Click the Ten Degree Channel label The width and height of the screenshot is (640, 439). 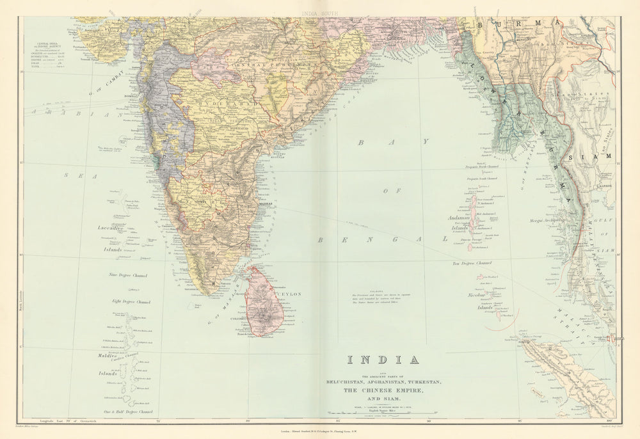point(472,263)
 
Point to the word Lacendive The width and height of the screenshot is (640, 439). point(109,227)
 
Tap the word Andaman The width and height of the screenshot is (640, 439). point(458,218)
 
